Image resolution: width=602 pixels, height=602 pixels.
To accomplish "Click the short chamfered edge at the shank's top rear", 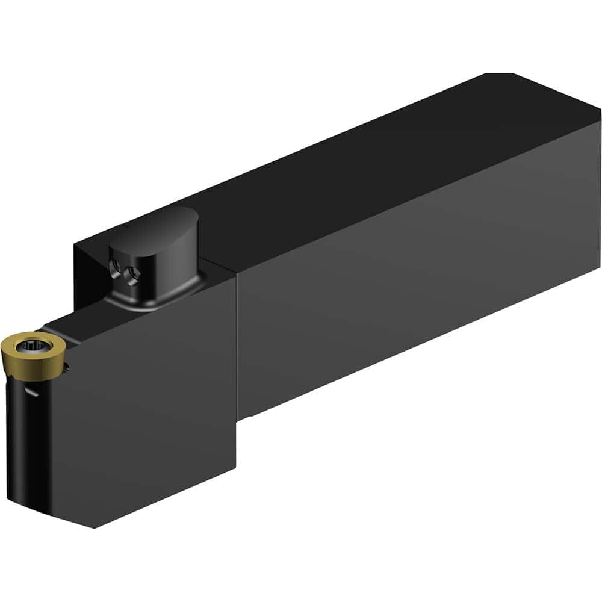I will click(500, 74).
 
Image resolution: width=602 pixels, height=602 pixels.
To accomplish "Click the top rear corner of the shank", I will click(600, 110).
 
